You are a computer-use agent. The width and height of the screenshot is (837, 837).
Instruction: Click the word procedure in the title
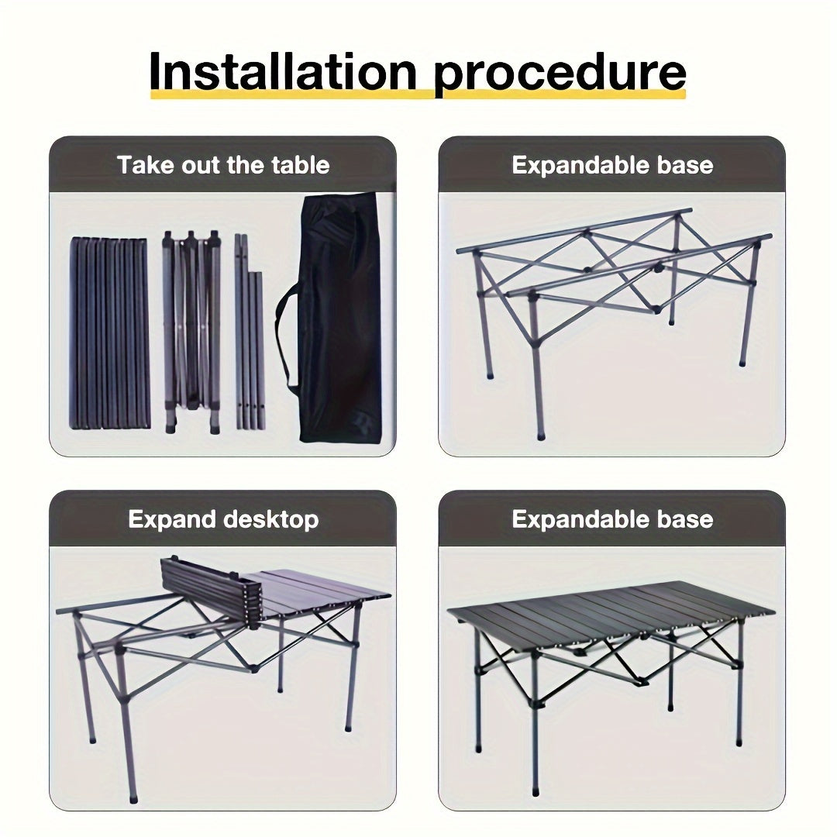[560, 71]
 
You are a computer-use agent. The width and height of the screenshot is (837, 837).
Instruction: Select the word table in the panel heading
[300, 165]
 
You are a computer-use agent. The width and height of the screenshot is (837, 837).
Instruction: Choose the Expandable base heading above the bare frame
[612, 165]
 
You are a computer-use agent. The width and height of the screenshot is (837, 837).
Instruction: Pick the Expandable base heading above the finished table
[612, 519]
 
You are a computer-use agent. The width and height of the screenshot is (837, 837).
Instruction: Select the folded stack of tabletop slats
[109, 333]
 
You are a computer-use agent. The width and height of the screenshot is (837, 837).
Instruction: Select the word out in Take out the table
[204, 165]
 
